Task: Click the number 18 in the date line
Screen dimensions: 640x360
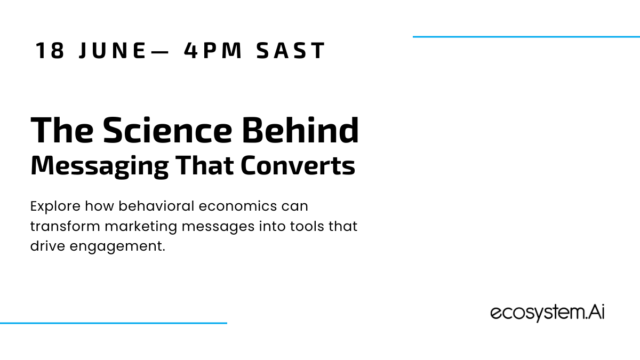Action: (50, 51)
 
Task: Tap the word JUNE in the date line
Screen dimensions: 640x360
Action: (113, 51)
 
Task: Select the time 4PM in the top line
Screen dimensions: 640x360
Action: (213, 51)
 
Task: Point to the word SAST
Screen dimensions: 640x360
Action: (291, 51)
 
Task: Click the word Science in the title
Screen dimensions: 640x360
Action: (167, 130)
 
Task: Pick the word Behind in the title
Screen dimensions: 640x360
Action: (300, 130)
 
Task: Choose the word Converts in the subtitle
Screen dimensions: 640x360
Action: (298, 165)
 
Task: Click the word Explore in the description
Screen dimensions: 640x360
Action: (55, 206)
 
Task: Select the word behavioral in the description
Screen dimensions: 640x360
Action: (157, 206)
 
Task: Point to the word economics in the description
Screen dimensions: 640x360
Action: (238, 206)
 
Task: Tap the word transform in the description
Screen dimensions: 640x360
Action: (65, 226)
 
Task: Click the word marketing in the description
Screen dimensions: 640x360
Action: (141, 227)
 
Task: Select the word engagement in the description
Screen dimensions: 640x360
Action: (117, 247)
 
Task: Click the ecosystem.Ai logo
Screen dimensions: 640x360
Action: (547, 313)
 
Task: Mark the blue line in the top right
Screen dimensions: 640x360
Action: (526, 37)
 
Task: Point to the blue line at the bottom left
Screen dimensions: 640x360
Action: (114, 323)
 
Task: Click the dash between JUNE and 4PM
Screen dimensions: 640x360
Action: (159, 52)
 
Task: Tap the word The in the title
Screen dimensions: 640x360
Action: (62, 130)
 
